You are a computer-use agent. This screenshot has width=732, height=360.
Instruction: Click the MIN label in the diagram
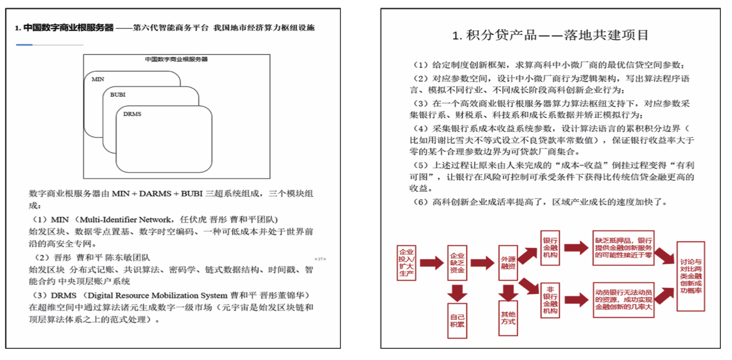[97, 80]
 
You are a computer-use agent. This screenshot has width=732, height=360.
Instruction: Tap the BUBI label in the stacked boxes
[117, 95]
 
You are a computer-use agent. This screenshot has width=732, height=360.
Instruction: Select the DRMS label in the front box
[132, 114]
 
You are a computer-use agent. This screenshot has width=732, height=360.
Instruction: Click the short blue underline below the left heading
[24, 45]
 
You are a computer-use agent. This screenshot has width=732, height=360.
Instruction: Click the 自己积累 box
[457, 320]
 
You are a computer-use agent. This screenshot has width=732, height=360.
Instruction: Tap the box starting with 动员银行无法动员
[624, 299]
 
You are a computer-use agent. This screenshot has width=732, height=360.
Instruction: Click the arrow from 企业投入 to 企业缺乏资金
[432, 263]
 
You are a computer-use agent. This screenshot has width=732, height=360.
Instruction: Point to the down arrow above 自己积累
[457, 291]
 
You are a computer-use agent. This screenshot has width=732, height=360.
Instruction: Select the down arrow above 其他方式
[507, 291]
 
